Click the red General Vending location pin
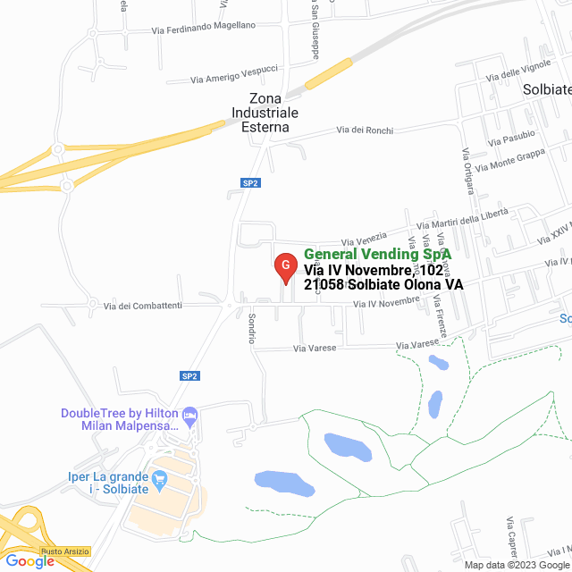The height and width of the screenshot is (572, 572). coord(285,266)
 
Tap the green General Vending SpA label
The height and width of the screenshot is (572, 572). coord(377,255)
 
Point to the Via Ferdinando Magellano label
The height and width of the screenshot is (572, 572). coord(204,29)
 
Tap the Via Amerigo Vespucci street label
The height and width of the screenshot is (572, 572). coord(234,74)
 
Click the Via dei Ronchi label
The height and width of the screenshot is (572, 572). coord(365,130)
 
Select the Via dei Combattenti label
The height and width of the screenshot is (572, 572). coord(143,307)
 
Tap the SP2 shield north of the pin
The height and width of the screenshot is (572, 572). coord(250,183)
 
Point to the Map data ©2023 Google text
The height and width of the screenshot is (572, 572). coord(516,565)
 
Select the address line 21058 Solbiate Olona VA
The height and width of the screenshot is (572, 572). coord(383,284)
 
